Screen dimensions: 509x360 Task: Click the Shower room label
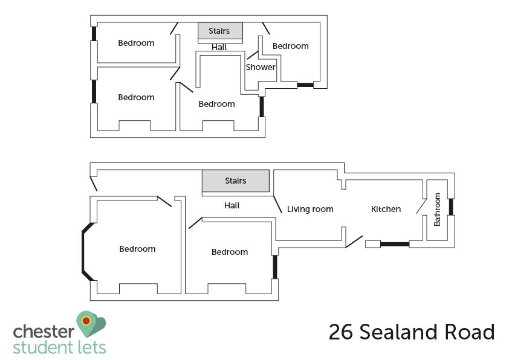point(261,67)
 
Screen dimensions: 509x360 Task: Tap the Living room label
point(310,209)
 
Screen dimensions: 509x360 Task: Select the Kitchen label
point(386,209)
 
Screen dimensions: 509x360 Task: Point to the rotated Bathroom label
point(437,210)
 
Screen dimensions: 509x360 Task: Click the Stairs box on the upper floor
point(221,31)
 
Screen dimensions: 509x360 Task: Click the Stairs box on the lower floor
point(236,181)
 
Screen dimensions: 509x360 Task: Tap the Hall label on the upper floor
point(219,47)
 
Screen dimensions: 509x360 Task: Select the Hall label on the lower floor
point(232,205)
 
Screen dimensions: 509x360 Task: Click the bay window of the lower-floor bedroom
point(84,251)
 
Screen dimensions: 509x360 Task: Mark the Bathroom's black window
point(451,207)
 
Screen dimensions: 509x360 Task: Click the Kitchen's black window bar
point(395,244)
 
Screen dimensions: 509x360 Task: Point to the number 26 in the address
point(341,332)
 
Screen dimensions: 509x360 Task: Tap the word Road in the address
point(469,332)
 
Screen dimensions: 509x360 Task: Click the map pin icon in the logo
point(91,324)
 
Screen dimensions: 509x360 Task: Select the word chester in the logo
point(44,332)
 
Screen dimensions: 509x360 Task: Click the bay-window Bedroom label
point(137,249)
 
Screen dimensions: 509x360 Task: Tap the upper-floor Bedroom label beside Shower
point(291,46)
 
